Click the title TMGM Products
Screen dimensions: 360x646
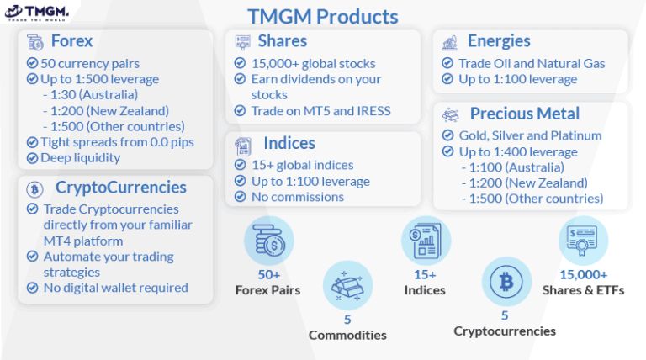pyautogui.click(x=322, y=16)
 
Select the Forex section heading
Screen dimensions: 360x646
pyautogui.click(x=71, y=41)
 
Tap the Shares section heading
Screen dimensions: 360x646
pyautogui.click(x=282, y=41)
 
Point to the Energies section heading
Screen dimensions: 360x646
pyautogui.click(x=499, y=41)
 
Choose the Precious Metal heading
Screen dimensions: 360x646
pyautogui.click(x=524, y=114)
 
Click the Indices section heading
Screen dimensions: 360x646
pyautogui.click(x=289, y=143)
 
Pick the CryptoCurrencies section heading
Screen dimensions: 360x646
pyautogui.click(x=120, y=187)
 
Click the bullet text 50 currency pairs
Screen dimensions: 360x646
pyautogui.click(x=90, y=63)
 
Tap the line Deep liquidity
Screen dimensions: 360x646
pyautogui.click(x=81, y=157)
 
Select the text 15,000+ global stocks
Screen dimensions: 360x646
pyautogui.click(x=313, y=63)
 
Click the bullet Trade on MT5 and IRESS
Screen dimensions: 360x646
pyautogui.click(x=320, y=111)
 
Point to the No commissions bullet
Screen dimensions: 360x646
pyautogui.click(x=297, y=197)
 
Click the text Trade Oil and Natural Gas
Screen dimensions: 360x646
pyautogui.click(x=532, y=63)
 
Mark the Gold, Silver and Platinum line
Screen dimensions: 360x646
pyautogui.click(x=530, y=135)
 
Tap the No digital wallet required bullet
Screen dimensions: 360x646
pyautogui.click(x=115, y=288)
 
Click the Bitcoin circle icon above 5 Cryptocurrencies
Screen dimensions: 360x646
pyautogui.click(x=506, y=282)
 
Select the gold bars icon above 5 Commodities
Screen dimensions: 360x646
pyautogui.click(x=347, y=286)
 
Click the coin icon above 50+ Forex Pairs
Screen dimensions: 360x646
pyautogui.click(x=269, y=241)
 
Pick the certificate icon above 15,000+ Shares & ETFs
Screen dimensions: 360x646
pyautogui.click(x=583, y=241)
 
